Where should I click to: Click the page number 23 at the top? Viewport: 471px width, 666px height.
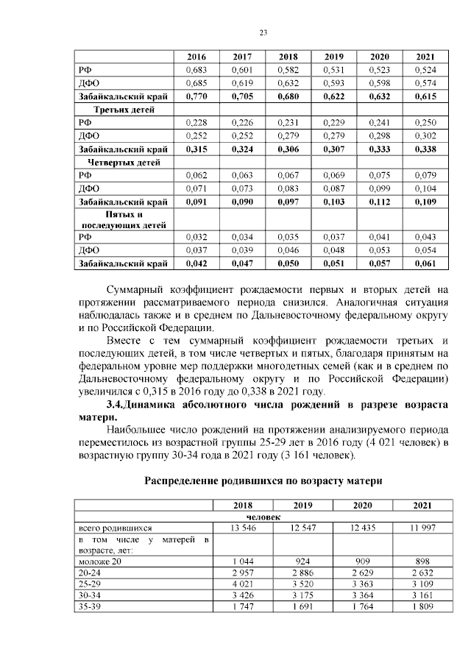[263, 32]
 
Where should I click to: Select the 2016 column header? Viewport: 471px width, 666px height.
[196, 57]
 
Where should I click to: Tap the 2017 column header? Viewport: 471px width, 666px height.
[243, 57]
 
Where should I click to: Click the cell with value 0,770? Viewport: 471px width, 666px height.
[196, 96]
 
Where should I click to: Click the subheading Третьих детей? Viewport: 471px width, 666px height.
[118, 109]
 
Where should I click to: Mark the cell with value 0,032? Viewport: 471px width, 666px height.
[196, 238]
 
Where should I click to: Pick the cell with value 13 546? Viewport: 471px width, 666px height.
[243, 528]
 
